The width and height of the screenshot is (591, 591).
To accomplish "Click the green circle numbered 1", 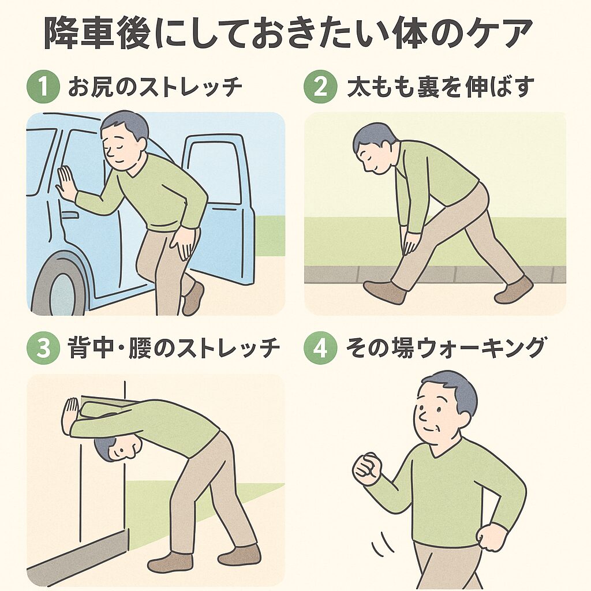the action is tap(43, 87).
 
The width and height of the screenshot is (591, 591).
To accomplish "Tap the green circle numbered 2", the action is tap(320, 87).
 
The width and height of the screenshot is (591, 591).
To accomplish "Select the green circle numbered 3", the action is tap(43, 347).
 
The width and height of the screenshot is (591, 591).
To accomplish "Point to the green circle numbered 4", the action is tap(320, 347).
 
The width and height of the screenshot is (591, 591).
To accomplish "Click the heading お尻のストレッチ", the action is tap(155, 87).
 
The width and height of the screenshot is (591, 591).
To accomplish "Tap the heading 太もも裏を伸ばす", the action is tap(440, 87).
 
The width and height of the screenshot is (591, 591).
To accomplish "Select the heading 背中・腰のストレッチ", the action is tap(174, 347).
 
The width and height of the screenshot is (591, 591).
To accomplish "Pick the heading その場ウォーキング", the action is tap(446, 347).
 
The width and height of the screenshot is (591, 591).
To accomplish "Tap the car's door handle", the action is tap(69, 215).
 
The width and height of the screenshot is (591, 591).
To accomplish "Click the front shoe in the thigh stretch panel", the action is tap(384, 291).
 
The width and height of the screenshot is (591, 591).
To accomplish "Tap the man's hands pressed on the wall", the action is tap(70, 416).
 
